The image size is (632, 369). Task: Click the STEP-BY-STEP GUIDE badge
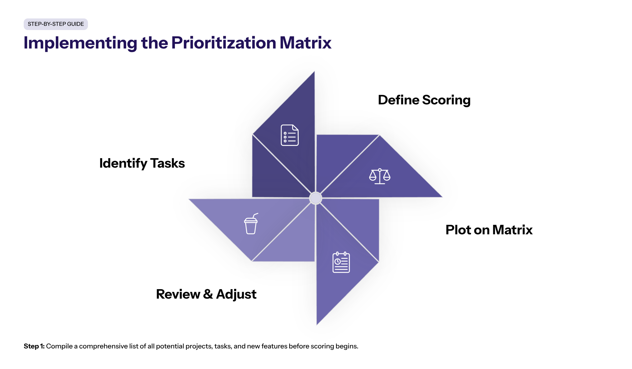[56, 24]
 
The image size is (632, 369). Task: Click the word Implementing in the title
[80, 43]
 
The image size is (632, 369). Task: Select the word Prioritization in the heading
[224, 43]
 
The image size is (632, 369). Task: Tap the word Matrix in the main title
[305, 43]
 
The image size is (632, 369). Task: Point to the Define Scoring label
[424, 100]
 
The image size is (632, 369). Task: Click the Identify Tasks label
[142, 163]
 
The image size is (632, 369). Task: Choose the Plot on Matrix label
[489, 230]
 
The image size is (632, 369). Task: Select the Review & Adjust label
[206, 294]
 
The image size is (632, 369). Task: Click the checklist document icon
[290, 135]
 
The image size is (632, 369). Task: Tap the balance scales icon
[380, 176]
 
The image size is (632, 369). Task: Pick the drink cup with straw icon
[251, 224]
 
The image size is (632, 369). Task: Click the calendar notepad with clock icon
[341, 262]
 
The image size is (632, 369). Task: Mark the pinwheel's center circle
[316, 198]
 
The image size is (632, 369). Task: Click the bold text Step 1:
[34, 346]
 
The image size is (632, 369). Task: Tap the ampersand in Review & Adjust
[208, 294]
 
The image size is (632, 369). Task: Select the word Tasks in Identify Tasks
[168, 163]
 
